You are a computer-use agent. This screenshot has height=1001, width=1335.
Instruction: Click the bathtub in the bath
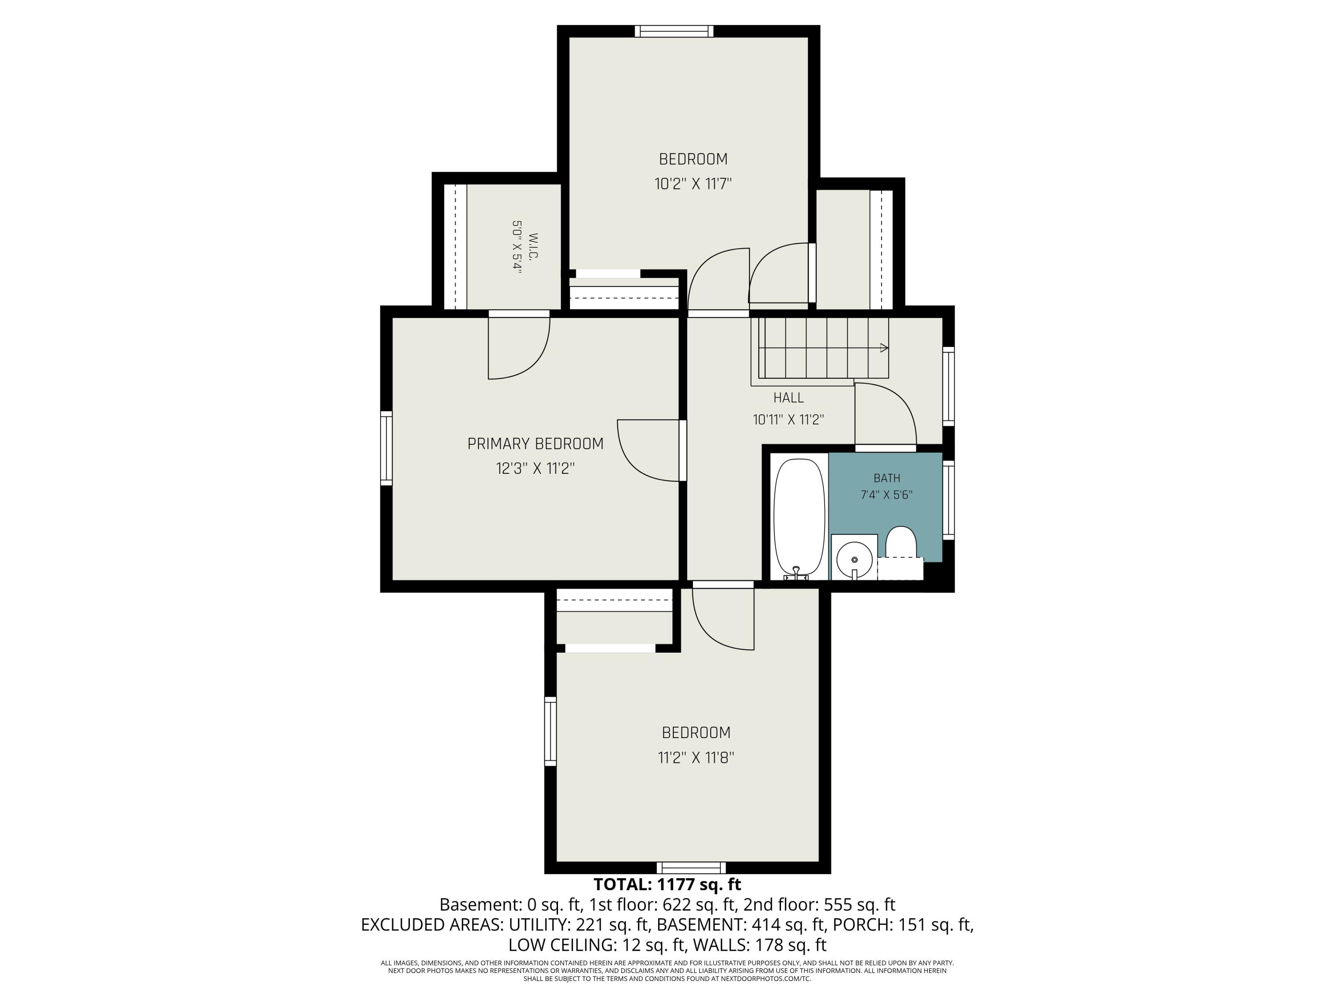(x=799, y=519)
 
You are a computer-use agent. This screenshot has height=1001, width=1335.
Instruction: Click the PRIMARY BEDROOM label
(x=535, y=444)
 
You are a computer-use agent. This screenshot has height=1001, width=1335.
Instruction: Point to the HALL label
(x=788, y=398)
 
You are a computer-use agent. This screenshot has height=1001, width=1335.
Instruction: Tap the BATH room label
(x=886, y=478)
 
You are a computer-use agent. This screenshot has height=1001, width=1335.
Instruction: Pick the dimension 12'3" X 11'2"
(x=535, y=469)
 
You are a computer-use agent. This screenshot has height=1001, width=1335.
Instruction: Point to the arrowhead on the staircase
(x=885, y=348)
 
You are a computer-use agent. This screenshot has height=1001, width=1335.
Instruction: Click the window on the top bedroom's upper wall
(x=674, y=32)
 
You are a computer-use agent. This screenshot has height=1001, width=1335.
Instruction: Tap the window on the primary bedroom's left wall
(x=386, y=448)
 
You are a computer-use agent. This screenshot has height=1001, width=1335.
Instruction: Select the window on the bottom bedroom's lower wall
(x=691, y=868)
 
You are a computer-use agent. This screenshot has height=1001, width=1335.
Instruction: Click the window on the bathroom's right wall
(x=948, y=500)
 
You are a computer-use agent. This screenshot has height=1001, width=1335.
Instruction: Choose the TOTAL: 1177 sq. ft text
(x=667, y=884)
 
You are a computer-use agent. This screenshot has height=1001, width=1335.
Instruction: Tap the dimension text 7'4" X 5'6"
(x=886, y=495)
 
